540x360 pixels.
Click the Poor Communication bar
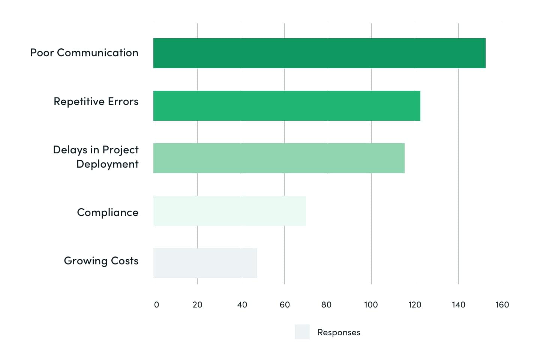pos(319,53)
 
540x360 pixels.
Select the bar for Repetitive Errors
pos(287,106)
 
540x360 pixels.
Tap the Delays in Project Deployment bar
pos(279,158)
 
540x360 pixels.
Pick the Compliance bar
pos(229,211)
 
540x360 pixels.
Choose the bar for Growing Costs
pos(205,263)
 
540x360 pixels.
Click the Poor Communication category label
pos(84,53)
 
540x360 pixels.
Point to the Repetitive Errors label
pos(96,102)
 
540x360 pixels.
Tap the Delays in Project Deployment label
pos(96,157)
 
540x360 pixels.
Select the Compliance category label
pos(108,213)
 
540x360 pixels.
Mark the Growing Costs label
pos(101,261)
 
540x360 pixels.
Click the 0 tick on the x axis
pos(156,305)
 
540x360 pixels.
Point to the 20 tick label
pos(197,305)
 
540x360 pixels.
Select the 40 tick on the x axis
pos(242,305)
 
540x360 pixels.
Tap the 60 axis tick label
pos(285,305)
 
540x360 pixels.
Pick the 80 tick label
pos(326,305)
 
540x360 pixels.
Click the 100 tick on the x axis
pos(371,305)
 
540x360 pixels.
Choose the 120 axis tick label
pos(415,305)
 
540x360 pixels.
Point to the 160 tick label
pos(502,305)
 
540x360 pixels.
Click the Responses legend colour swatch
pos(302,332)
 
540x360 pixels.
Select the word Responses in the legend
pos(339,333)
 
